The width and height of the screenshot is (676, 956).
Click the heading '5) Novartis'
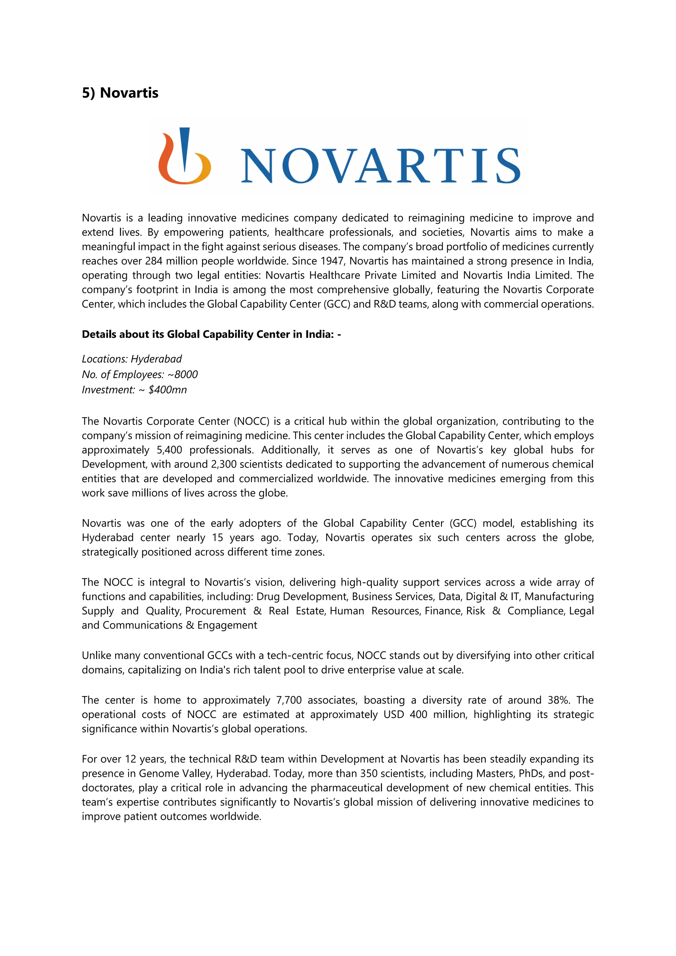pos(120,93)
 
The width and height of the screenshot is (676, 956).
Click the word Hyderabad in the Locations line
pos(156,359)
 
